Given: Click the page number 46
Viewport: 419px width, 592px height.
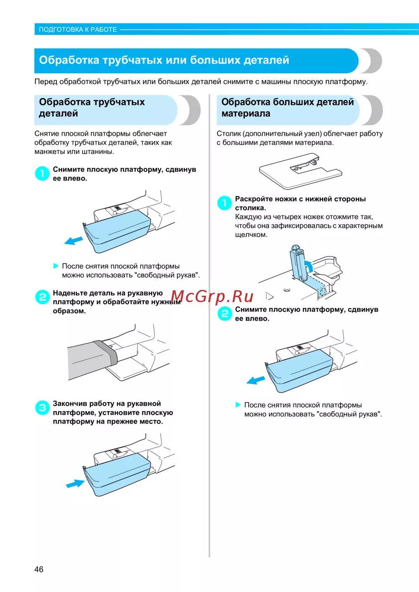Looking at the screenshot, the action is click(39, 569).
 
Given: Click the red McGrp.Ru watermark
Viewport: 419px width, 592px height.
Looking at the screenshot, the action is click(212, 297).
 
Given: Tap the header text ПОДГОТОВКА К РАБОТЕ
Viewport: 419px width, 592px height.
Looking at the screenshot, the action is click(78, 29).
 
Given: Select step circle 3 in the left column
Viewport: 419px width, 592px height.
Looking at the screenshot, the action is click(42, 408).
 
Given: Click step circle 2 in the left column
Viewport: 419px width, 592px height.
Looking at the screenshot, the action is click(42, 297).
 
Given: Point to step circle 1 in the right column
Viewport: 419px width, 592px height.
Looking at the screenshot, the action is click(225, 203).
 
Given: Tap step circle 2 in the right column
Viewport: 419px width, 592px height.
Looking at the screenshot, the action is click(225, 313).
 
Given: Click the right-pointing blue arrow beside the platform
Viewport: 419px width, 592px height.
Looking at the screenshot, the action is click(75, 483).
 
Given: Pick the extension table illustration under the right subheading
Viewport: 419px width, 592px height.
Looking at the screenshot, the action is click(300, 171).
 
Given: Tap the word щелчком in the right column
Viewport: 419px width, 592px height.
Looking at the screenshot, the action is click(251, 235).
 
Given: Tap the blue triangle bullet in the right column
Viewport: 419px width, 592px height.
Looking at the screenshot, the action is click(238, 405).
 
